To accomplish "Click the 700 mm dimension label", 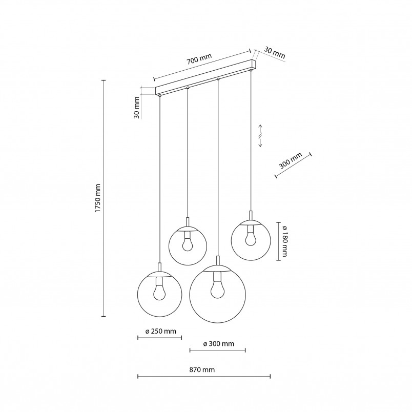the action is [199, 59].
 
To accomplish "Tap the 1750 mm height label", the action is [98, 198].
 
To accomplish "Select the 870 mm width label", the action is [202, 369].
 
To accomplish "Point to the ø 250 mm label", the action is [160, 331].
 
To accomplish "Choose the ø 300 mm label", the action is [219, 344].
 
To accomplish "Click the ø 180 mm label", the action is [284, 241].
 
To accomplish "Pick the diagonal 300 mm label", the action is [291, 160].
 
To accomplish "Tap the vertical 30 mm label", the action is [137, 108].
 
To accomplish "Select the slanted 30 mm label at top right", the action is [274, 53].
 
